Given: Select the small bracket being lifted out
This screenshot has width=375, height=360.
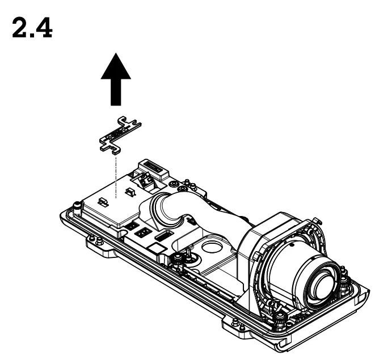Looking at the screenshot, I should point(120,135).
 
